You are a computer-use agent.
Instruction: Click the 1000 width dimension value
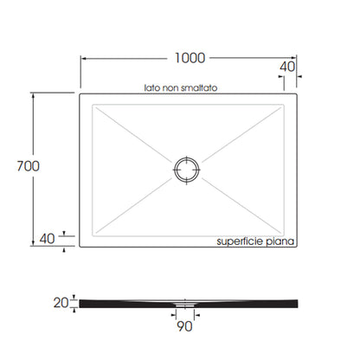[x=190, y=58]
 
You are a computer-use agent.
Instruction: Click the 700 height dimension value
[x=28, y=166]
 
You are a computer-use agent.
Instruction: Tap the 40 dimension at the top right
[x=287, y=67]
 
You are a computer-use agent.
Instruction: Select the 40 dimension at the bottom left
[x=47, y=239]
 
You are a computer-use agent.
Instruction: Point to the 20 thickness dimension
[x=61, y=303]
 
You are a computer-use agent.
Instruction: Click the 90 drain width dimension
[x=184, y=326]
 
